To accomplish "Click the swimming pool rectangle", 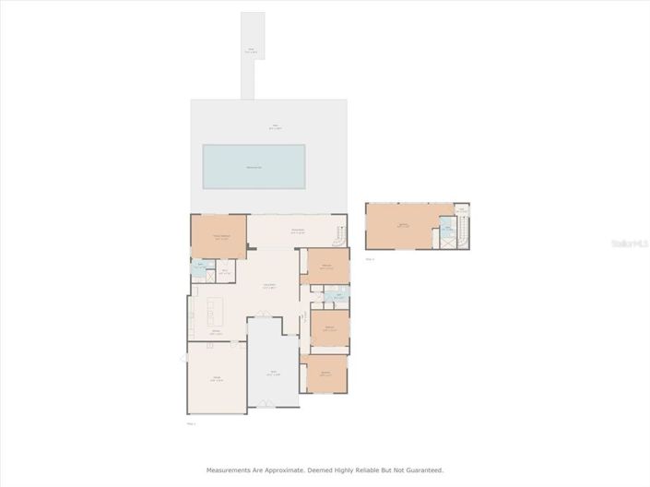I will pos(253,166).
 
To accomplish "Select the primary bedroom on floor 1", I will pos(219,236).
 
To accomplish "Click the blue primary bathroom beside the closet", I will pos(201,271).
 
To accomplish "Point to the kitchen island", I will pos(219,307).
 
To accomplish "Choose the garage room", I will pos(217,377).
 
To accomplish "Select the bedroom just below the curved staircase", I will pos(327,267).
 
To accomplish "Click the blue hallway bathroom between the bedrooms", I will pos(337,297).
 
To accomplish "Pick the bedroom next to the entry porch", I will pos(325,374).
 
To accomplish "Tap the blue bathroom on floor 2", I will pos(447,230).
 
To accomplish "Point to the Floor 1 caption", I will pos(193,424).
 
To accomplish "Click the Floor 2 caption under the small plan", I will pos(370,259).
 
